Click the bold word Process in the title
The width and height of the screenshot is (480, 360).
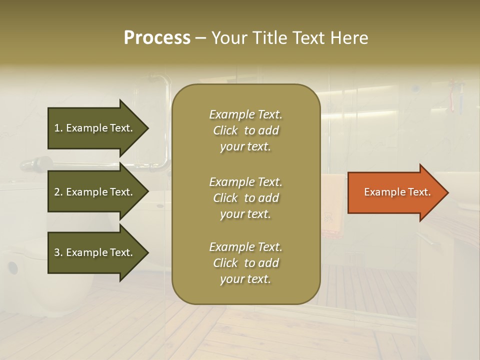(157, 38)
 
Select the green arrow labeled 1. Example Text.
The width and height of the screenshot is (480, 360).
(95, 128)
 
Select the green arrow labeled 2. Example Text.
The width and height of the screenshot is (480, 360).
(95, 192)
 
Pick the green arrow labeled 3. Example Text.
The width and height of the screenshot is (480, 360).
(95, 252)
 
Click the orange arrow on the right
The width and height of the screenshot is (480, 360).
(395, 192)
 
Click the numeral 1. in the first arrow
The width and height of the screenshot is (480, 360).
(58, 128)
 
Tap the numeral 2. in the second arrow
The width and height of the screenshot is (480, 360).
(58, 192)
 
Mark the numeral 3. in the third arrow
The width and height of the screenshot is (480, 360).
(58, 252)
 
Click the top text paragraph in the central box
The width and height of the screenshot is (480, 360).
(245, 130)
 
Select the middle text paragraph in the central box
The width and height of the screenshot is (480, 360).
(245, 198)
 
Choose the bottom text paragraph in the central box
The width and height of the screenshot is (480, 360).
(245, 263)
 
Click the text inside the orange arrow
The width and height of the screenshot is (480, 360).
(397, 192)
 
